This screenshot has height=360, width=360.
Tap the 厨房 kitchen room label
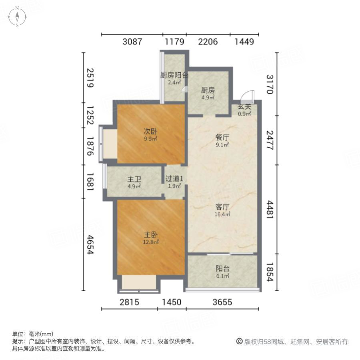click(x=208, y=90)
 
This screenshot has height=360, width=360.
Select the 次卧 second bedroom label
click(x=150, y=131)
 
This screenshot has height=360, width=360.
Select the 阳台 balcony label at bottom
click(x=222, y=268)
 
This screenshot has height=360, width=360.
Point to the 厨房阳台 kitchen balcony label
click(x=174, y=75)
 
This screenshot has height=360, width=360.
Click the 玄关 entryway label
click(x=244, y=106)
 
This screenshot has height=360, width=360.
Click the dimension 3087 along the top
click(x=132, y=42)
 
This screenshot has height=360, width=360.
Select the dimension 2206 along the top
click(x=208, y=42)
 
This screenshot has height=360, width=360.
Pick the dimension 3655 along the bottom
click(x=222, y=302)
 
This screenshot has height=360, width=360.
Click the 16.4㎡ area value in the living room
click(x=222, y=214)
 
